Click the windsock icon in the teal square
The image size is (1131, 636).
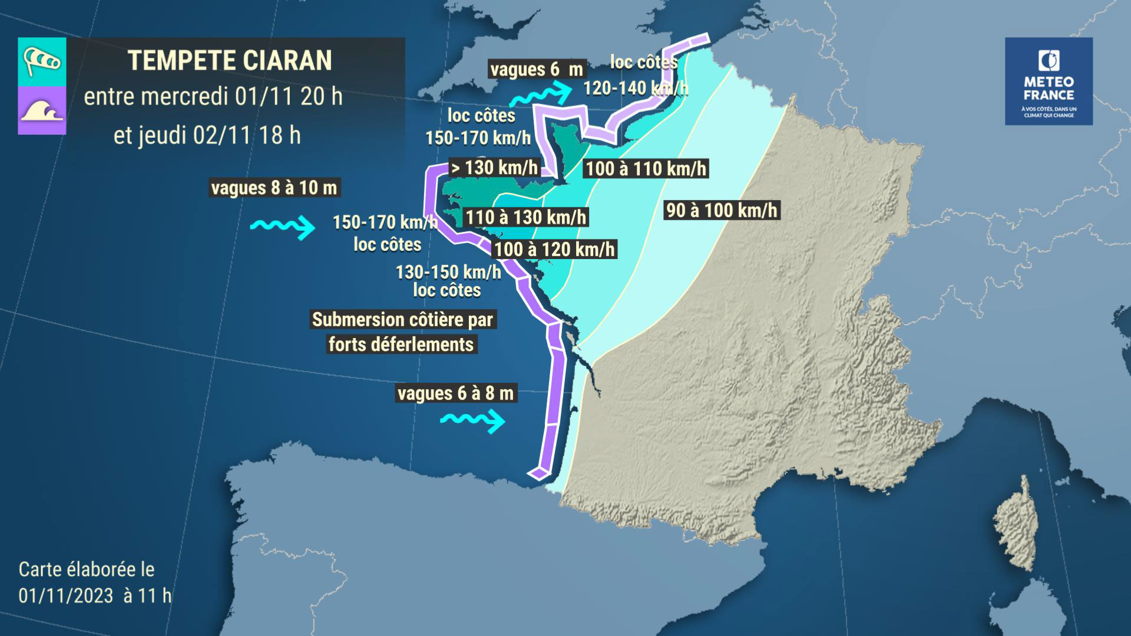(42, 61)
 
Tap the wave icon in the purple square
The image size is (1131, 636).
(42, 110)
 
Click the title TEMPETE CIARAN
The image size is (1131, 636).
(230, 61)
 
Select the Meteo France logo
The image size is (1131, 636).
(1049, 81)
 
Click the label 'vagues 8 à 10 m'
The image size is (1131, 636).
(274, 188)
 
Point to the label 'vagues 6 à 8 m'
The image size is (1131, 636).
(455, 393)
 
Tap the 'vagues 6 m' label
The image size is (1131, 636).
(536, 69)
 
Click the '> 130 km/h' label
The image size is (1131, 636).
(494, 168)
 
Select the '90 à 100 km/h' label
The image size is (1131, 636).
(721, 210)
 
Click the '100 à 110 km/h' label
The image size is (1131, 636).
(646, 169)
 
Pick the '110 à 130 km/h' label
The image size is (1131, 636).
(526, 217)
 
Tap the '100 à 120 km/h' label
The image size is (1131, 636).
(554, 249)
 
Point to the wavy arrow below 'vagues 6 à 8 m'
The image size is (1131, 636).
(473, 420)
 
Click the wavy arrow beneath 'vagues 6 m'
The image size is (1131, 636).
(540, 94)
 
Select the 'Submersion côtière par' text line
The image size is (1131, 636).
(402, 320)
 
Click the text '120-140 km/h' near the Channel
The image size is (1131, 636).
(635, 88)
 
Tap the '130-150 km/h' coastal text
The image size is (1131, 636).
(448, 272)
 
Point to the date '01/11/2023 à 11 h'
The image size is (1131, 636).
(94, 595)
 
